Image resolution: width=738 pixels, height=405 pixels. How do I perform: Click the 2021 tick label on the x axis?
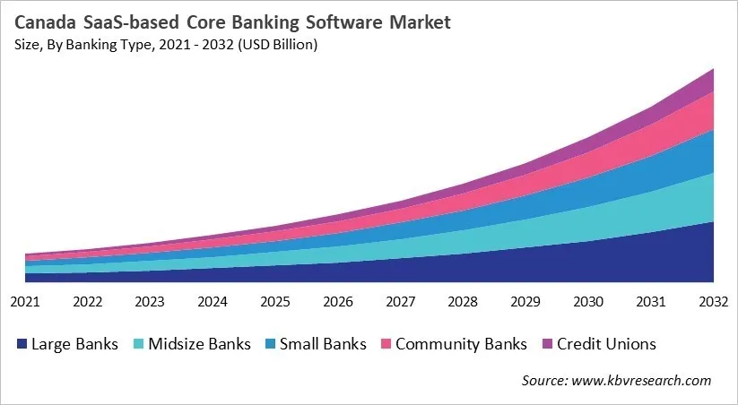pos(25,303)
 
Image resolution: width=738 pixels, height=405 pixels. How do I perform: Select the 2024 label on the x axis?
pos(213,303)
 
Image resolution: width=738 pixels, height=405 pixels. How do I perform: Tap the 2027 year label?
pos(400,303)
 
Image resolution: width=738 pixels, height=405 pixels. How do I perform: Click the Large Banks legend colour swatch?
pos(20,344)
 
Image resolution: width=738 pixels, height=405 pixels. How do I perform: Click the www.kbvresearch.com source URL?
pos(644,381)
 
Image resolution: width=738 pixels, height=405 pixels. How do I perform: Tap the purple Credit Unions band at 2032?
pos(704,82)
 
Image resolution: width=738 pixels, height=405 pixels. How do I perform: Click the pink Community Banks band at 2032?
pos(704,112)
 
